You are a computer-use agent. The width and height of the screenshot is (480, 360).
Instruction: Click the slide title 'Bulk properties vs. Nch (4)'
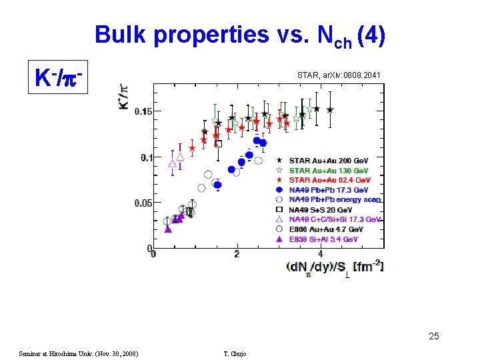[x=239, y=35]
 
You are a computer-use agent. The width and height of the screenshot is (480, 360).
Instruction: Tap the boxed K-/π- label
[x=58, y=79]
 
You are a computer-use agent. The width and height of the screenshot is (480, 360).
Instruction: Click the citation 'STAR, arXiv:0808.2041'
[x=339, y=76]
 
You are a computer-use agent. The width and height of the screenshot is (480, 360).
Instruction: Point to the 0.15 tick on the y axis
[x=143, y=111]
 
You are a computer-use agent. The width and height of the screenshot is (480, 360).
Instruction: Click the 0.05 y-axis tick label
[x=143, y=203]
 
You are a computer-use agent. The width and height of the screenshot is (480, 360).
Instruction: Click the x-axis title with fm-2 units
[x=334, y=267]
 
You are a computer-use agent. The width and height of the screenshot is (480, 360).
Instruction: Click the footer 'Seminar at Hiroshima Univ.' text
[x=78, y=353]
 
